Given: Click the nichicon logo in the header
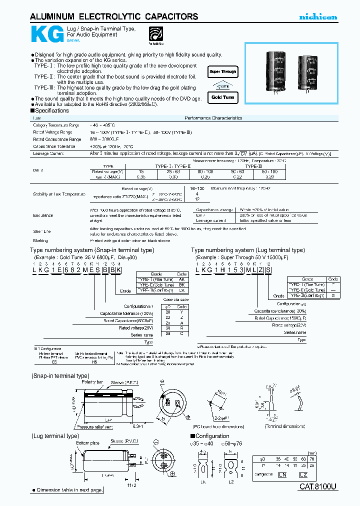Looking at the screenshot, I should click(x=318, y=17).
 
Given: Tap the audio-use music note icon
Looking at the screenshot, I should click(x=156, y=34).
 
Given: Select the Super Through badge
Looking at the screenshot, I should click(x=223, y=72).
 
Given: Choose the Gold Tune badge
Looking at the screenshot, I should click(x=222, y=97).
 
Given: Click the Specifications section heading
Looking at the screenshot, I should click(x=50, y=110).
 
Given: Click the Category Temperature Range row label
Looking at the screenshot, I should click(x=56, y=124).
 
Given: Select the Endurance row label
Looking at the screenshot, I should click(x=43, y=215).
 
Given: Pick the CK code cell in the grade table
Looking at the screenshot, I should click(x=181, y=289).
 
